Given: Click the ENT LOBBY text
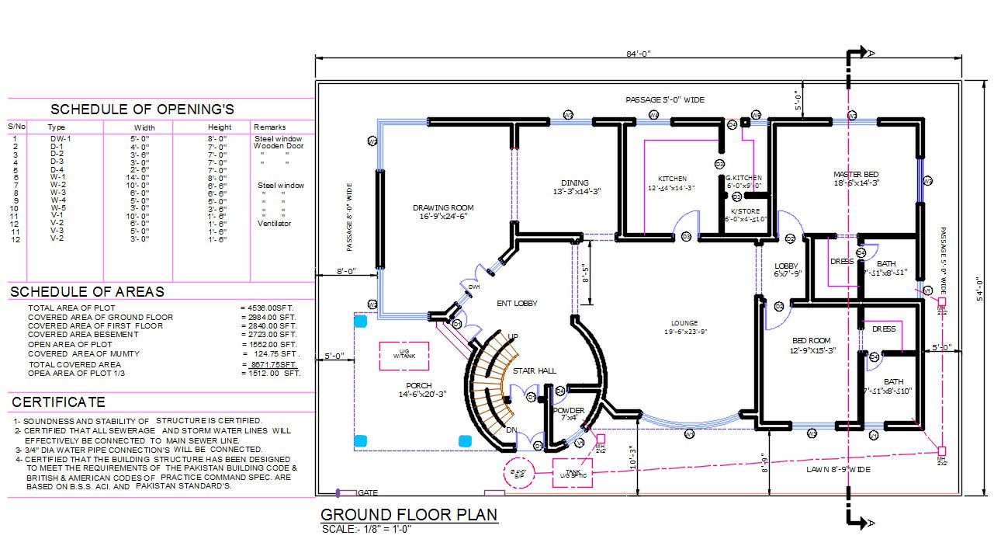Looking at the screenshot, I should [x=517, y=304].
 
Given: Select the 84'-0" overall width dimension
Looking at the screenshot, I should [x=638, y=54].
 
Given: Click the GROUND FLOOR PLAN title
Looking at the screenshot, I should [x=409, y=515].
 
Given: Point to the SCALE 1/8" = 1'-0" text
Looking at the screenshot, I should [x=366, y=530].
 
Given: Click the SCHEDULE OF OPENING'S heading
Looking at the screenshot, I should [x=142, y=110].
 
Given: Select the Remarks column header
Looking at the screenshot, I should [x=270, y=127].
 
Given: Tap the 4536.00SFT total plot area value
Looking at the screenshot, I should [x=268, y=308].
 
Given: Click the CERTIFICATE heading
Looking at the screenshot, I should [x=58, y=402].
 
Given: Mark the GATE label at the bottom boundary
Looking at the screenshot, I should [x=368, y=493].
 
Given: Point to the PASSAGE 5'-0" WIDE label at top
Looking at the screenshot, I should [x=665, y=100].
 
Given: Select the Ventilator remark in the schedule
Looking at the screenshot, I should [x=275, y=224].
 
